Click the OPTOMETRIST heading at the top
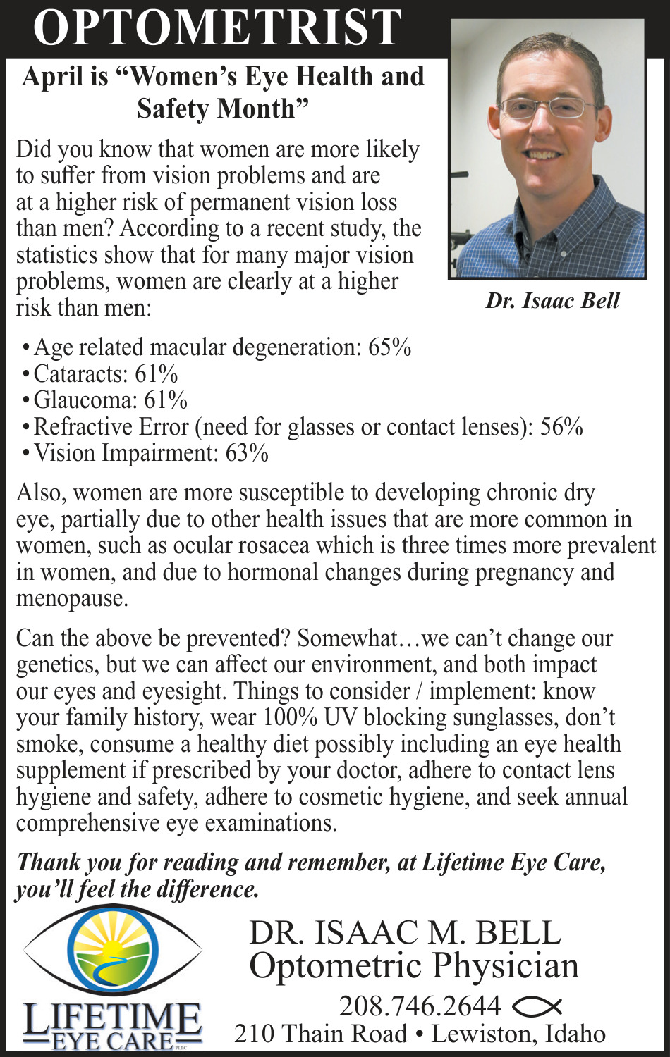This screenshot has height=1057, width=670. click(217, 28)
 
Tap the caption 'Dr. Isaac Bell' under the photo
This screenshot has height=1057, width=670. click(552, 301)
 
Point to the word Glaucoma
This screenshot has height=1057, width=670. click(85, 400)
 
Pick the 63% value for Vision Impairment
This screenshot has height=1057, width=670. click(247, 453)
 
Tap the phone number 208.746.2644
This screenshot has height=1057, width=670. click(420, 1006)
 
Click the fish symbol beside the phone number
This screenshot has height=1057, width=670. click(537, 1006)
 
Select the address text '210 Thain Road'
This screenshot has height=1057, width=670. click(320, 1034)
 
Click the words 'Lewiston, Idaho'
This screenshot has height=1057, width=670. click(518, 1034)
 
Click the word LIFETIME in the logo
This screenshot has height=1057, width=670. click(111, 1017)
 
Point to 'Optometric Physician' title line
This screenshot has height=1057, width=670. click(414, 966)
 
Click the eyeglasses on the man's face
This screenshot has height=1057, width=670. click(547, 108)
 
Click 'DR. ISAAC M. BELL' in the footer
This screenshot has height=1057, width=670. click(405, 933)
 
